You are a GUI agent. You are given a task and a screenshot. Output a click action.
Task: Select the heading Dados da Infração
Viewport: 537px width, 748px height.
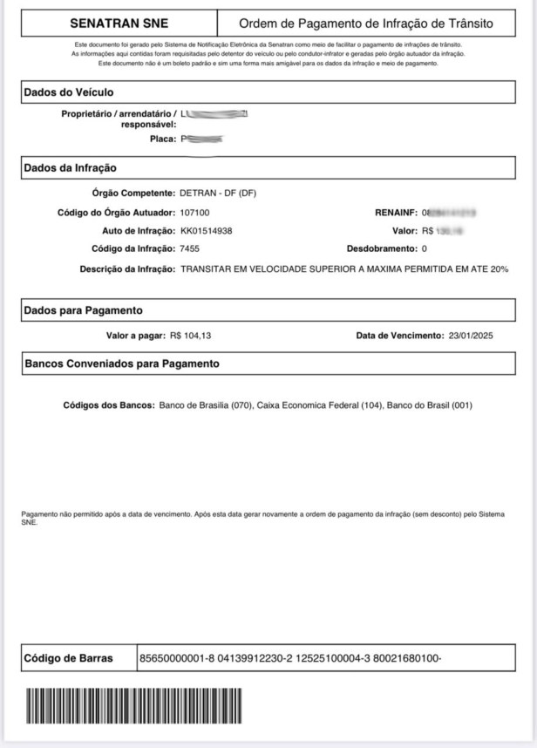coord(70,168)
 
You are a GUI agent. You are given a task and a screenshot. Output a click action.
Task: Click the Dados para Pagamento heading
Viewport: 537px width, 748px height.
coord(84,310)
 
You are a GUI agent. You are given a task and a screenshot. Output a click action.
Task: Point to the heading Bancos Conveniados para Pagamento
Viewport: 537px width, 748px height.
coord(122,364)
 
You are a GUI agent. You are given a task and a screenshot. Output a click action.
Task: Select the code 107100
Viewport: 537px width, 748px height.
coord(194,212)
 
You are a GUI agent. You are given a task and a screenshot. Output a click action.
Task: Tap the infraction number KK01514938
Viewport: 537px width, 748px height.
coord(207,231)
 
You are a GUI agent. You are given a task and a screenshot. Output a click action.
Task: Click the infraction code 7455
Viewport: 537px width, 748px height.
coord(190,249)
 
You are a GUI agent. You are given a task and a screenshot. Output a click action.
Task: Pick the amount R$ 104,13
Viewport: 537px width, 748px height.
coord(192,336)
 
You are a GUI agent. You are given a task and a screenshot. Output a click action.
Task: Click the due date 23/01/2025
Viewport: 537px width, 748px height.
coord(471,336)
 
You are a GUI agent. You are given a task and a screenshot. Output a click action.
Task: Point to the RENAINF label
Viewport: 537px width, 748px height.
coord(396,212)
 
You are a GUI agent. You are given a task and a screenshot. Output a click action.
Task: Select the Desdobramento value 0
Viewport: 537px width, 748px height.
coord(425,249)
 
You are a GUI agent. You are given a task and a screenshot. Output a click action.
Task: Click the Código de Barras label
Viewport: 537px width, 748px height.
coord(69,658)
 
